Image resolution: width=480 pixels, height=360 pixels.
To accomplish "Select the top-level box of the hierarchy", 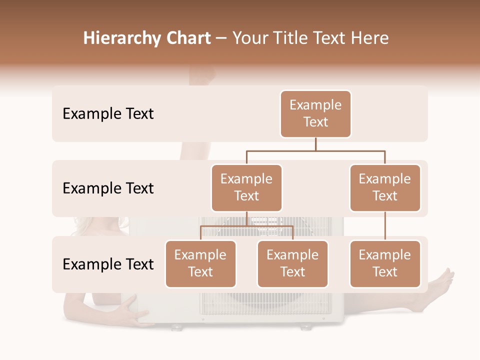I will click(x=315, y=114).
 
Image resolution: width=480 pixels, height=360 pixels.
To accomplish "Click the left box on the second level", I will click(x=246, y=188).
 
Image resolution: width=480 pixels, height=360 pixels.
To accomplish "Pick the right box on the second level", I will click(x=385, y=188).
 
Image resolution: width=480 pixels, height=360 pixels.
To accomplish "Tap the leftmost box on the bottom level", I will click(x=200, y=264).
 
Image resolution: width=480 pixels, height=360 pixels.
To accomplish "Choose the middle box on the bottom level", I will click(x=292, y=264).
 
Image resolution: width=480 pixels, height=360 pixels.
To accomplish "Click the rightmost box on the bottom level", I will click(x=385, y=264).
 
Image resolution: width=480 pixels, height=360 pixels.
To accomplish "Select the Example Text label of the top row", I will click(x=108, y=114).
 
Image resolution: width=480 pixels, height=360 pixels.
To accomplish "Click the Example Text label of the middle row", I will click(x=108, y=188).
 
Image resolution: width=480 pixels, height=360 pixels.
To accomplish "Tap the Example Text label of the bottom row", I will click(x=108, y=264).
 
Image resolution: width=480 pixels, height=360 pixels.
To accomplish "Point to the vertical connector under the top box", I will click(x=315, y=144).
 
